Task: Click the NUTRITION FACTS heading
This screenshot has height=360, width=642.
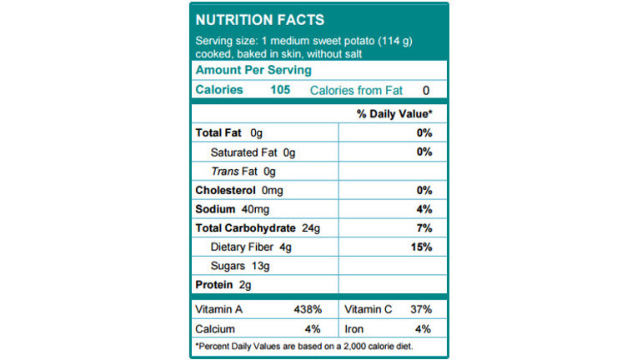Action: click(x=260, y=20)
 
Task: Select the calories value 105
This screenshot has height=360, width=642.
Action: click(x=280, y=90)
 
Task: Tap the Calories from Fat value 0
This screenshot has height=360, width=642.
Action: click(x=426, y=90)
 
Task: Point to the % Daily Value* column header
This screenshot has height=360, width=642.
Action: click(x=394, y=113)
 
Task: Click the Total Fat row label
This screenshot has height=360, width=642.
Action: click(x=218, y=133)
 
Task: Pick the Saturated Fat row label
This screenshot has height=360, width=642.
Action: click(x=243, y=152)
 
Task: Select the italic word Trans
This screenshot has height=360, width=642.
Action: click(x=225, y=172)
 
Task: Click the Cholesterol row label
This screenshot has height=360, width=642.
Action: click(x=225, y=190)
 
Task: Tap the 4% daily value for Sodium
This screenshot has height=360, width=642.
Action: click(x=424, y=209)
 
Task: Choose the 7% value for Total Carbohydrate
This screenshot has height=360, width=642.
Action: click(x=424, y=228)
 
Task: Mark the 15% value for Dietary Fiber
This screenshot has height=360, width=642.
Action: click(x=422, y=247)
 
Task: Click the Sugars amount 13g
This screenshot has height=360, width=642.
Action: click(x=260, y=267)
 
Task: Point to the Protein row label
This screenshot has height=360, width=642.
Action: click(x=213, y=285)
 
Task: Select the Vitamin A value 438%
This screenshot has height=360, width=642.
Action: click(x=308, y=310)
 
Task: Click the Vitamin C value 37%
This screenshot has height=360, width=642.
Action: click(x=421, y=310)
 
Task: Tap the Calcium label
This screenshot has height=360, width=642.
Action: click(x=215, y=329)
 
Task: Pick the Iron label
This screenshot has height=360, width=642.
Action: click(x=354, y=329)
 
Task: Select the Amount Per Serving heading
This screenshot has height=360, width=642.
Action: click(x=253, y=70)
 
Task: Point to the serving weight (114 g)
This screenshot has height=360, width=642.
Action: click(x=395, y=41)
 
